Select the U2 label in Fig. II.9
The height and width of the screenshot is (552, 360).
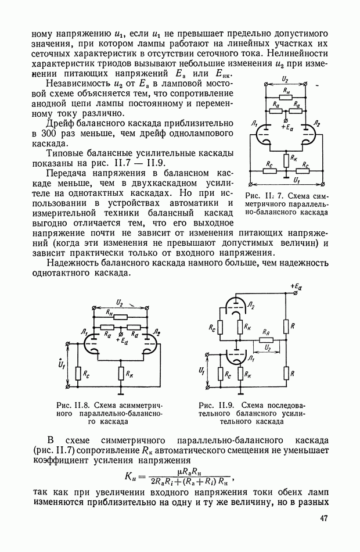pyautogui.click(x=268, y=347)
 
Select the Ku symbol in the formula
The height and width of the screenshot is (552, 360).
pyautogui.click(x=131, y=476)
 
